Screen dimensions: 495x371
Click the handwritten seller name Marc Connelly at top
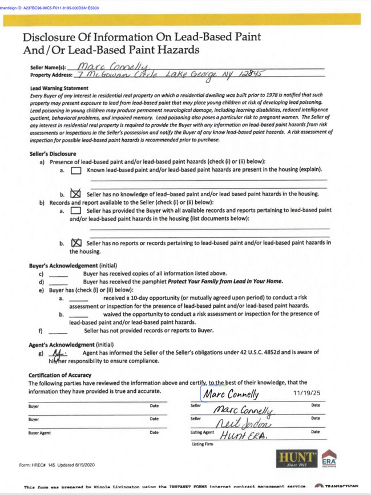(113, 67)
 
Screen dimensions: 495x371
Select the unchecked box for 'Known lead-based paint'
(76, 170)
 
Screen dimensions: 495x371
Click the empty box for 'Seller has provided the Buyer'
(76, 211)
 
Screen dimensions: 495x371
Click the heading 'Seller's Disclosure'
(53, 155)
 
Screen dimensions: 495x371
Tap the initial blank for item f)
(58, 331)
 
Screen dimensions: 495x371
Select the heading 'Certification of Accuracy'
(61, 375)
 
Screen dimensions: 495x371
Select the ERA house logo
(329, 458)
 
